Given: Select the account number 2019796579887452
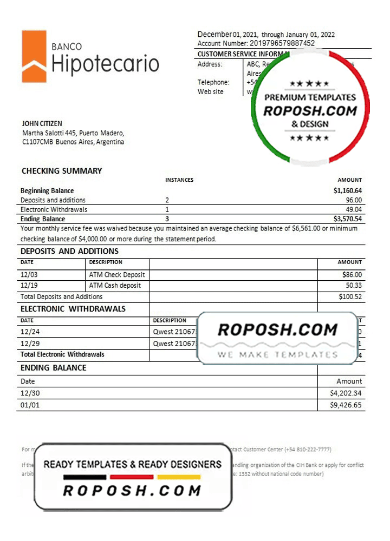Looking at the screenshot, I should coord(282,43).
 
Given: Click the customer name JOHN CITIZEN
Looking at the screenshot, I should coord(42,124).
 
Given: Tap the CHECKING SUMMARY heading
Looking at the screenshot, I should coord(62,171).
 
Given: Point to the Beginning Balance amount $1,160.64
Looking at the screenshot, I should coord(348,191).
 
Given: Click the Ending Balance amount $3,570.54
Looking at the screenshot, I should coord(348,219).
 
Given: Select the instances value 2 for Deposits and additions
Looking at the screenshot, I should coord(167,200).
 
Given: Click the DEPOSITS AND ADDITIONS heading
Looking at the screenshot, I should coord(69,251).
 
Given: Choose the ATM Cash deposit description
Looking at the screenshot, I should coord(115,286).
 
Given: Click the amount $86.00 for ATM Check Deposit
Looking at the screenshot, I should coord(352,275).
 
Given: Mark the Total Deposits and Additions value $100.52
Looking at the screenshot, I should coord(349,296).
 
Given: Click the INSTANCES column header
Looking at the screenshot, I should coord(179,180).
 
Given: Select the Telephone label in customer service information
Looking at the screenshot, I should coord(213,82).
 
